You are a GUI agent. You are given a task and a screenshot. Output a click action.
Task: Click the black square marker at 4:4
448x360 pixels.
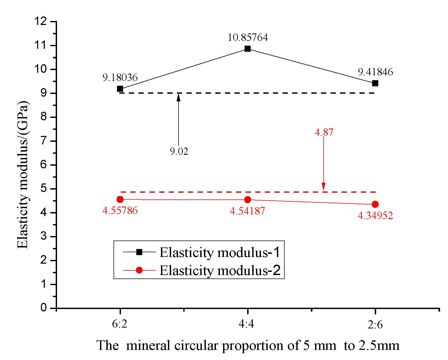click(247, 49)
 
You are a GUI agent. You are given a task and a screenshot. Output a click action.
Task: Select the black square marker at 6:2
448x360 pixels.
click(120, 89)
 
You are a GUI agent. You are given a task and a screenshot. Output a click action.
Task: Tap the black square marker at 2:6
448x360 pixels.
click(375, 83)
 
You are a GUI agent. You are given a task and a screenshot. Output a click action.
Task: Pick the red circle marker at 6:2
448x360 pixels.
click(120, 199)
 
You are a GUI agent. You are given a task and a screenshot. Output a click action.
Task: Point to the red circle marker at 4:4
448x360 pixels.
click(247, 200)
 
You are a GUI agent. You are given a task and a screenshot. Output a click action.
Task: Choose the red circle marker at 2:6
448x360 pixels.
click(375, 204)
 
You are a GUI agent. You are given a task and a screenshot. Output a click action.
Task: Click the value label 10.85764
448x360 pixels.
click(248, 37)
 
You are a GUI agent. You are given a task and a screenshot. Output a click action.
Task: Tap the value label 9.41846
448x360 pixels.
click(375, 72)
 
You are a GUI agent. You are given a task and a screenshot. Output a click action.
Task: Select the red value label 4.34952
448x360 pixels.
click(375, 215)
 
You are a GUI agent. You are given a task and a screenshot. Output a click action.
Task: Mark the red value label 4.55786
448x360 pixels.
click(120, 211)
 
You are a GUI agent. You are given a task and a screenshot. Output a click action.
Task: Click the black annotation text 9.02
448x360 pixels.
click(179, 151)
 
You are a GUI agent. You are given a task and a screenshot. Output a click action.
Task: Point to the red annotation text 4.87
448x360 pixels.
click(324, 132)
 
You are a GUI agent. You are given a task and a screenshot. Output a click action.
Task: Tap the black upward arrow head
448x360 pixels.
click(179, 97)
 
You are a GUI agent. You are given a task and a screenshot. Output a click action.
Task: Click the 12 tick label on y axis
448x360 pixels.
click(40, 21)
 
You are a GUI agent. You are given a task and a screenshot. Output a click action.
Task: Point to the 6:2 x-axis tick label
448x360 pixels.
click(120, 324)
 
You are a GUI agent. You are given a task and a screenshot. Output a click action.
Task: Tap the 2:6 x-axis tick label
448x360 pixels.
click(375, 325)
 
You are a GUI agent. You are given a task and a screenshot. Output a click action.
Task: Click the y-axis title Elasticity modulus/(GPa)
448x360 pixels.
click(23, 174)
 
